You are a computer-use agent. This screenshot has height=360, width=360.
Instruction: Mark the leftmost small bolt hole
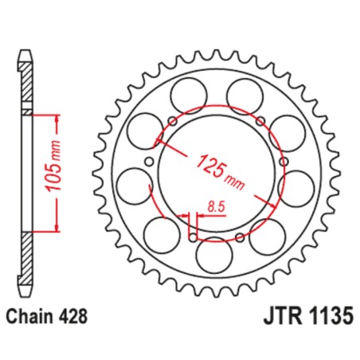pos(147,166)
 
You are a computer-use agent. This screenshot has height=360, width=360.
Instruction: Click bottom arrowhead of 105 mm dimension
pos(58,229)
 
